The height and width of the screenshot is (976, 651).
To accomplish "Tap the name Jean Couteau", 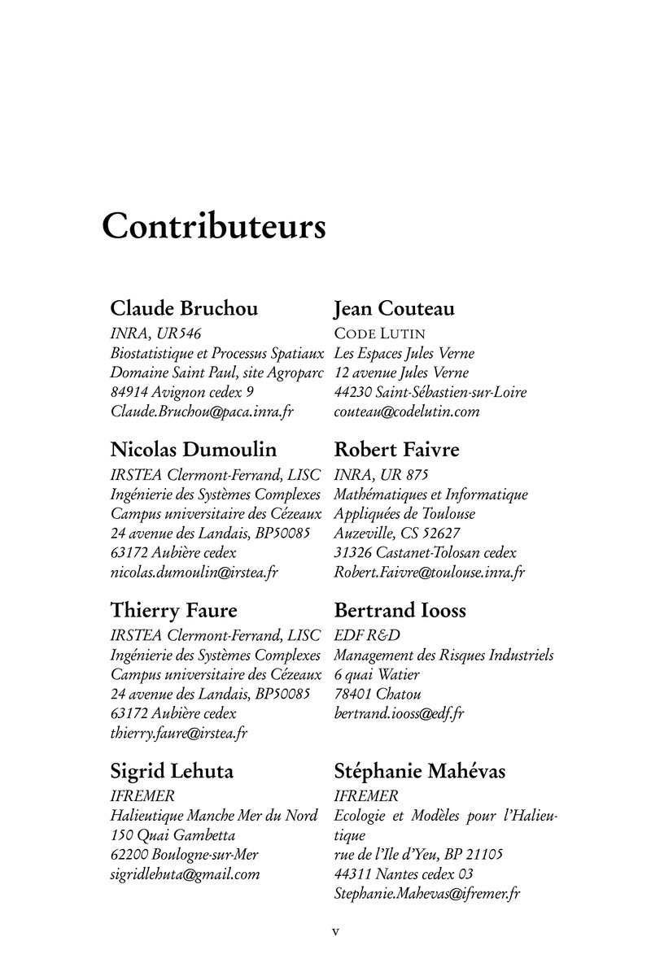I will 394,309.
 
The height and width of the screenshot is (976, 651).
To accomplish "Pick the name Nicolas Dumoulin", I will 193,450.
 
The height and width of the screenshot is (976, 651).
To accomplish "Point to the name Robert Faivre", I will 396,450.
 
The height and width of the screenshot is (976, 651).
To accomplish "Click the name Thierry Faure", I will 174,610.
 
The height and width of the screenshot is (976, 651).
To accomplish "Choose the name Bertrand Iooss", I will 400,610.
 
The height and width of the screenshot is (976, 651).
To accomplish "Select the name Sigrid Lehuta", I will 172,771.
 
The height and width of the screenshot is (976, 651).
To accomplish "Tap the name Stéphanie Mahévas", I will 419,771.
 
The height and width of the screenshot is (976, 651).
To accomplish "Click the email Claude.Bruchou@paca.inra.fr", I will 201,412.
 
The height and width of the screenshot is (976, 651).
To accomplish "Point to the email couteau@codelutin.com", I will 407,412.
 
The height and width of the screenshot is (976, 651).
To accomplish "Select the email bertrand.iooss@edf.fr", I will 399,714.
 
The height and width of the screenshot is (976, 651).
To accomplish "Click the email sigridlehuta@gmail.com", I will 185,875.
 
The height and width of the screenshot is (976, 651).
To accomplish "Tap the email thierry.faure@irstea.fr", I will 179,734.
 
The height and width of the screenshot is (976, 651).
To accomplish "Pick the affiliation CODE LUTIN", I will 380,333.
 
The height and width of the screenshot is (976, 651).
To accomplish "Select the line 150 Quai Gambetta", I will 173,835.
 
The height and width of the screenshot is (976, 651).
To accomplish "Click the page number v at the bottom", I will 334,932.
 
